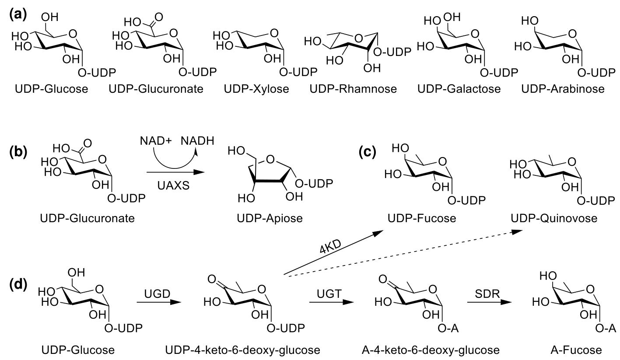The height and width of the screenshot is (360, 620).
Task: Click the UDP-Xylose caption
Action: click(256, 90)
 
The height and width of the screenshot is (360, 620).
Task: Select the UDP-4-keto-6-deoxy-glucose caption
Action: click(243, 350)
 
